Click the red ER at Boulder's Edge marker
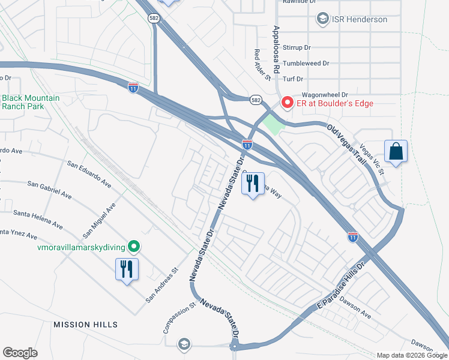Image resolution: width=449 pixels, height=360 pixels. (x=287, y=103)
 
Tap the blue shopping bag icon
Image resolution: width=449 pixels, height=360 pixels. (x=396, y=152)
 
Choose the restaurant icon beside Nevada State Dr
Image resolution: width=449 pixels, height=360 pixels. (x=253, y=184)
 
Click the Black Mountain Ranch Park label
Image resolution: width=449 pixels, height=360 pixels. (x=30, y=102)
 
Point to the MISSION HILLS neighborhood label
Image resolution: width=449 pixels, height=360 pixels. (x=85, y=325)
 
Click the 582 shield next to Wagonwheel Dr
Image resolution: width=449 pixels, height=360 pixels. (x=256, y=99)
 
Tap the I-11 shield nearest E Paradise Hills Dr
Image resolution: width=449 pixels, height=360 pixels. (x=352, y=237)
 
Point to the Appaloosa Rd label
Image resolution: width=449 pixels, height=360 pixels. (x=276, y=49)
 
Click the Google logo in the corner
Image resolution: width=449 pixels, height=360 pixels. (x=20, y=352)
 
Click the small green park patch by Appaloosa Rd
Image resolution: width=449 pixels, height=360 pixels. (x=273, y=124)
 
